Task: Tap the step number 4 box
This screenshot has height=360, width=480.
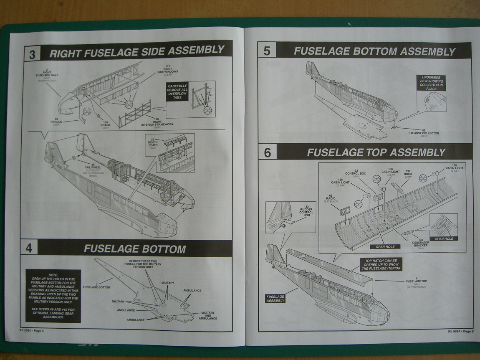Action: coord(29,248)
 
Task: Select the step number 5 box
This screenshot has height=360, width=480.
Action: coord(267,51)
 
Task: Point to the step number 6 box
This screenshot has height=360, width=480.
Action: coord(268,153)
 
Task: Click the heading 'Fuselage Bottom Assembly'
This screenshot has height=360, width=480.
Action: coord(374,51)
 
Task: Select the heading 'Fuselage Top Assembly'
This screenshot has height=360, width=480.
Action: coord(376,152)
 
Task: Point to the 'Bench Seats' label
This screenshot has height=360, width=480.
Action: coord(153,144)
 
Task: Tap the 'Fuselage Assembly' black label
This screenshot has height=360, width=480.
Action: coord(275,298)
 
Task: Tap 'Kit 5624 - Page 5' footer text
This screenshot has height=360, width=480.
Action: coord(460,331)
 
